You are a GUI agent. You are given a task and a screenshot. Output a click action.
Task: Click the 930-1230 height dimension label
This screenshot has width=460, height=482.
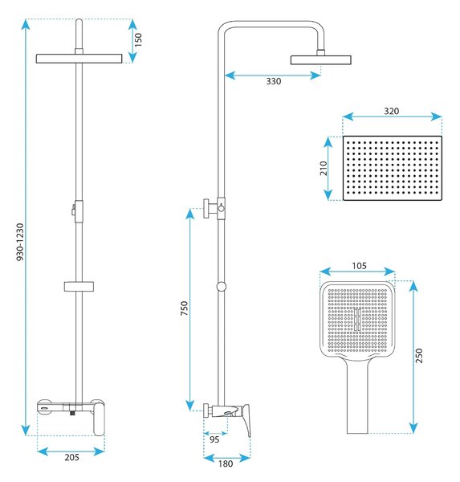20,243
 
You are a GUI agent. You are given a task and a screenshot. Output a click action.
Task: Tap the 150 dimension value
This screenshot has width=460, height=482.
138,39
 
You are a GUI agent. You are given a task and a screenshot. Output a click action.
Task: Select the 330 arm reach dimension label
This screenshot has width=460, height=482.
274,81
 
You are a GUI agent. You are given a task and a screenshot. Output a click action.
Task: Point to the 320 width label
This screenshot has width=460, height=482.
392,111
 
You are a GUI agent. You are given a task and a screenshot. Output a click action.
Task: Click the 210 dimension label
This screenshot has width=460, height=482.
324,168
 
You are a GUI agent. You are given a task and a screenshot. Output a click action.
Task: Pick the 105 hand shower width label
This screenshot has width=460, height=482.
359,266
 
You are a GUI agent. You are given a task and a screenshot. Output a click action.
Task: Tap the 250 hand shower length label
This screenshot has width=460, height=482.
419,356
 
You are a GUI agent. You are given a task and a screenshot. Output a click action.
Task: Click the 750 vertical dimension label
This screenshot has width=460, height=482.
184,308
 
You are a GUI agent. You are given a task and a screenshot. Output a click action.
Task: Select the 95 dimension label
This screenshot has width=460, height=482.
214,439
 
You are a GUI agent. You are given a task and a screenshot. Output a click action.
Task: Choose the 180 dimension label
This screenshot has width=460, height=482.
226,464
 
